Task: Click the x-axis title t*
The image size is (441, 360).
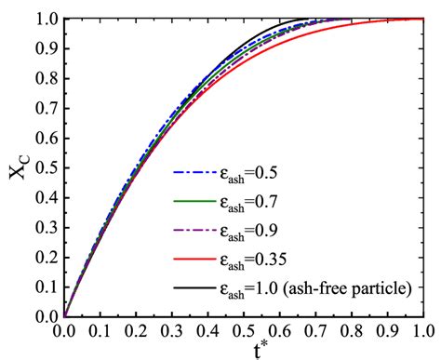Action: (245, 349)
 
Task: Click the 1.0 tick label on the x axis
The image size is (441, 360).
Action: (421, 328)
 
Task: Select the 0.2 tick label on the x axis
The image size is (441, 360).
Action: (136, 328)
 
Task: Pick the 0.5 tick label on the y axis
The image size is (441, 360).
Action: (47, 167)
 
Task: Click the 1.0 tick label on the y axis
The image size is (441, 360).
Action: (47, 19)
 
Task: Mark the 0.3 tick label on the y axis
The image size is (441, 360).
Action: (47, 227)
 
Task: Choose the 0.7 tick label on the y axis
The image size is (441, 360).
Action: (47, 108)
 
